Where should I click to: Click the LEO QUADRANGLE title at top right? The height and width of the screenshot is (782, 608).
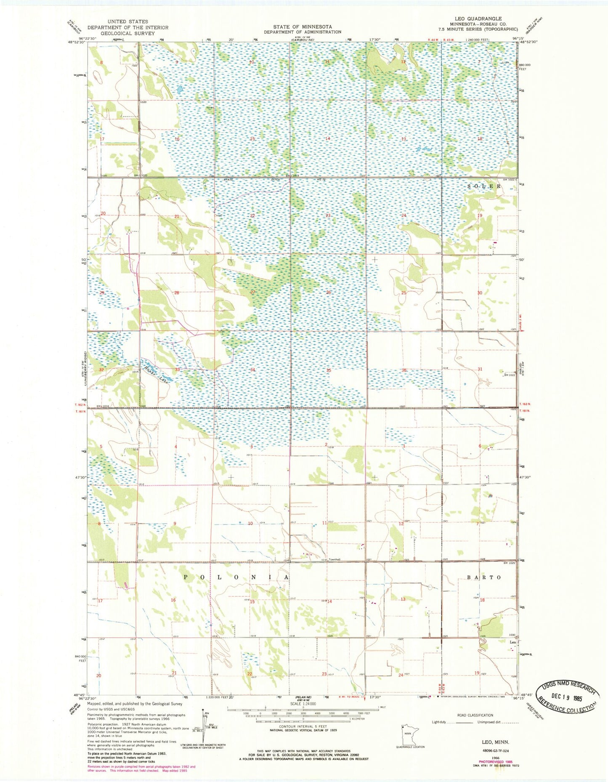click(483, 19)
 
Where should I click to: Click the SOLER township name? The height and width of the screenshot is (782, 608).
click(485, 186)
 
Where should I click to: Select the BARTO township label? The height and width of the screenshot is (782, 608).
click(484, 577)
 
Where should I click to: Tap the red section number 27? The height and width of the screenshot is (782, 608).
click(253, 292)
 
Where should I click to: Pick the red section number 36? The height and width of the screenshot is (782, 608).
click(404, 370)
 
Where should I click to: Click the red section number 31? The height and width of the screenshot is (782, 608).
click(480, 369)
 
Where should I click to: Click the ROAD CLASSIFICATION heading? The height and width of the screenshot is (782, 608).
click(475, 715)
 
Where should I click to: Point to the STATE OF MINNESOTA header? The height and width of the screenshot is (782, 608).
click(303, 27)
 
